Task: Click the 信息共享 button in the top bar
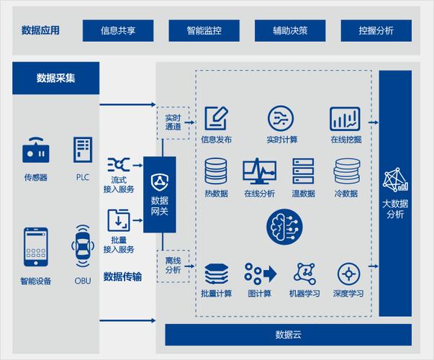pos(118,30)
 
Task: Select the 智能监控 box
pos(204,30)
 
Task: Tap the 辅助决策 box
pos(290,30)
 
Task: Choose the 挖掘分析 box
pos(376,30)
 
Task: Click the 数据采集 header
pos(56,77)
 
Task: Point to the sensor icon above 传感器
pos(36,151)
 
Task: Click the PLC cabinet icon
pos(83,149)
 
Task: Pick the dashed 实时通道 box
pos(173,122)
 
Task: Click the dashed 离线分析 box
pos(173,265)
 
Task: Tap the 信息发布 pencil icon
pos(216,118)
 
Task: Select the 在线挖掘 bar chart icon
pos(345,118)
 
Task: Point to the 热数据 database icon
pos(216,171)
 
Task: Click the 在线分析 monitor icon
pos(258,171)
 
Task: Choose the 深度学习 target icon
pos(348,274)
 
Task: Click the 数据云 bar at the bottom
pos(288,335)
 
